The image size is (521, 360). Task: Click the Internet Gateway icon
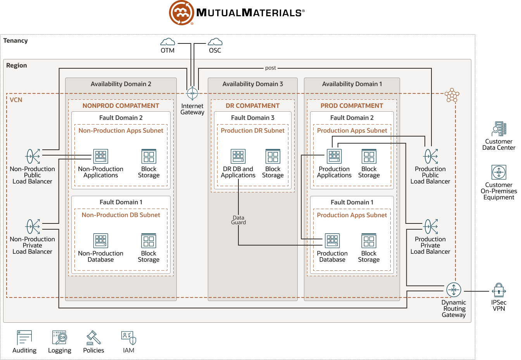(192, 93)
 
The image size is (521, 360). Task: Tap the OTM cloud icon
(167, 42)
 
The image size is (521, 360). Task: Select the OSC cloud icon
(215, 42)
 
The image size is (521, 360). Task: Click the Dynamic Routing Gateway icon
(454, 290)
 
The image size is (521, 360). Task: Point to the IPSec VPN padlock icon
(499, 290)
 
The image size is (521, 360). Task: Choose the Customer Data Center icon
(499, 129)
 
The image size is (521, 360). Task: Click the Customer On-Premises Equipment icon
(499, 172)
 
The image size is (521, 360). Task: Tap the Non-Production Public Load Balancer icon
(33, 156)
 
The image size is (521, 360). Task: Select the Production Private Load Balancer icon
(431, 227)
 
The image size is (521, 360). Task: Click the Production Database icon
(332, 241)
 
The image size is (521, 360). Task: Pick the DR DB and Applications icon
(238, 156)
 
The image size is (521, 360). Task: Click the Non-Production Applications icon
(101, 156)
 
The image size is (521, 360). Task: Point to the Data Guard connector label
(238, 220)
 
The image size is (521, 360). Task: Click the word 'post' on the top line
(271, 68)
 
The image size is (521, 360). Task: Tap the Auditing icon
(24, 337)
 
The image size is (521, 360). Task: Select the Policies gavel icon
(93, 337)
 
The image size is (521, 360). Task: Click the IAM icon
(129, 337)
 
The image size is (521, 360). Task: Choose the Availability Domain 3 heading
(253, 84)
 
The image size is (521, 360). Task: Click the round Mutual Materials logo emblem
(181, 13)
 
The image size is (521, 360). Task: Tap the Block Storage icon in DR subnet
(273, 156)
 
